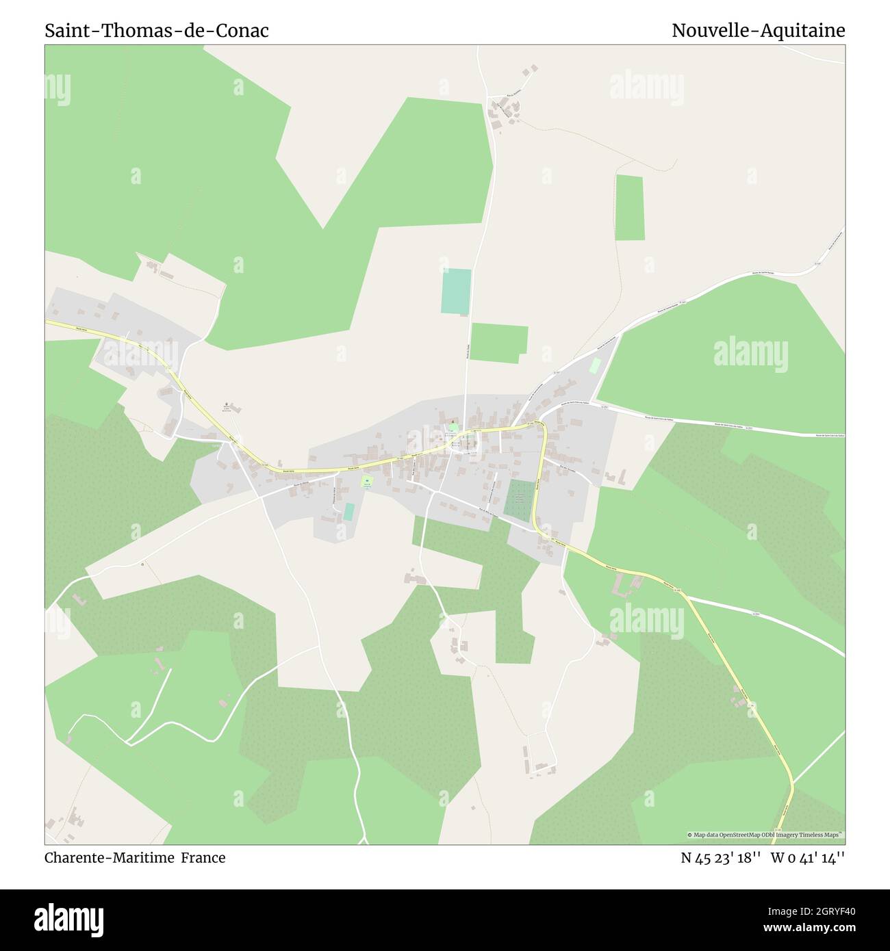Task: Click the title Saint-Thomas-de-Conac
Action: (x=157, y=31)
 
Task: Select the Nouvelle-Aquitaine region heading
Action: (x=758, y=31)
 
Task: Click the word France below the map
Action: (x=203, y=857)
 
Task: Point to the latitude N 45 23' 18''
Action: (x=721, y=857)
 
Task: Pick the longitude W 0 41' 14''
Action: (x=808, y=857)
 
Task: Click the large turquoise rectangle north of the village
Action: (x=457, y=291)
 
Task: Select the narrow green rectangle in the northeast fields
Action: (x=629, y=208)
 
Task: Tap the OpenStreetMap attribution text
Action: (x=765, y=835)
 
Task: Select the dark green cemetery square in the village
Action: (x=520, y=501)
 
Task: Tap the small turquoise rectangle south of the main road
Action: (x=349, y=511)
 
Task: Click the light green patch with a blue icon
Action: (x=368, y=482)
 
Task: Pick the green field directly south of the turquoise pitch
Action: (x=499, y=343)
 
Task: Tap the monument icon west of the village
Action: (x=227, y=406)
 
